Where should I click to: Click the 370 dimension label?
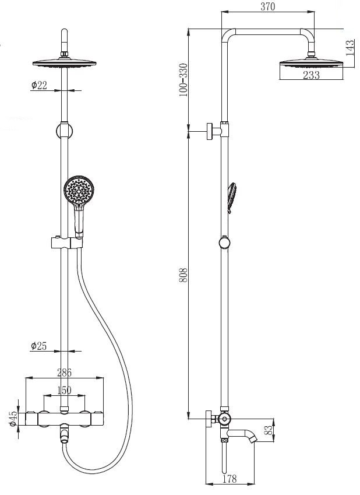[x=267, y=6]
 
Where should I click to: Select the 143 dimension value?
[x=351, y=48]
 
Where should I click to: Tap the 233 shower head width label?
[x=311, y=75]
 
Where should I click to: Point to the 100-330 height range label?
[x=183, y=80]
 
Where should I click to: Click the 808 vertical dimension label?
[x=183, y=275]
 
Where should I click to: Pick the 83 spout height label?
[x=268, y=430]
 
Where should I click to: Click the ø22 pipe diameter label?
[x=39, y=85]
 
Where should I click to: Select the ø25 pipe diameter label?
[x=39, y=346]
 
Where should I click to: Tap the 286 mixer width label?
[x=64, y=373]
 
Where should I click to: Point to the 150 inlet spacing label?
[x=64, y=390]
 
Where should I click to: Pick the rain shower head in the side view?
[x=312, y=63]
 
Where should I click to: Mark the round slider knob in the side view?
[x=224, y=243]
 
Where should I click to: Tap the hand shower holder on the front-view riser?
[x=66, y=243]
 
